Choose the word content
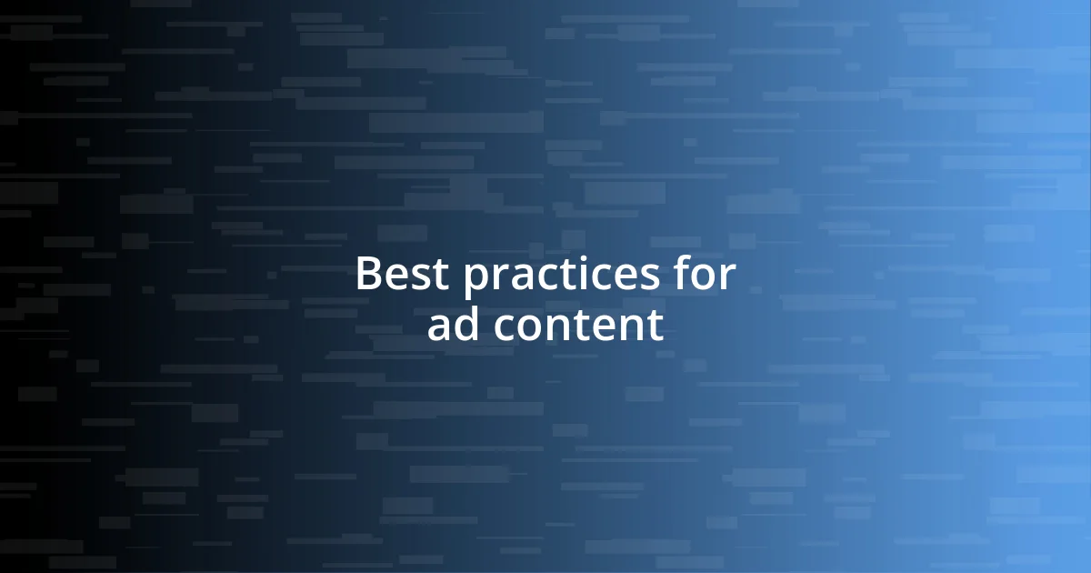pos(578,326)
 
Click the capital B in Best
pos(367,274)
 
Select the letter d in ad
pos(469,324)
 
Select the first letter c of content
pos(505,328)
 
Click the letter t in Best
pos(440,276)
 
